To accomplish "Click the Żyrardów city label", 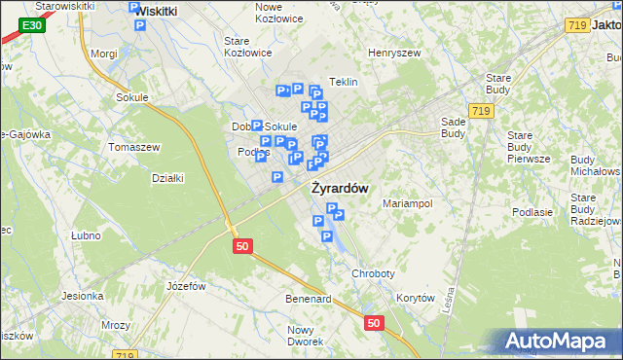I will (x=340, y=188).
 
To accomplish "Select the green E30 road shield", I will (x=31, y=25).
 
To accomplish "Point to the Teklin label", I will (x=344, y=83).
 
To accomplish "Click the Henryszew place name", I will (x=392, y=53).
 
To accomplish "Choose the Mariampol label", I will (x=407, y=204).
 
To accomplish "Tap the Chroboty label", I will (x=373, y=274).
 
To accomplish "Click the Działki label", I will (x=167, y=178).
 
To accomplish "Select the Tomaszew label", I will (x=134, y=147).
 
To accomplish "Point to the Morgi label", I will (x=103, y=54).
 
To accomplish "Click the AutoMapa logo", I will (x=560, y=342).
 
